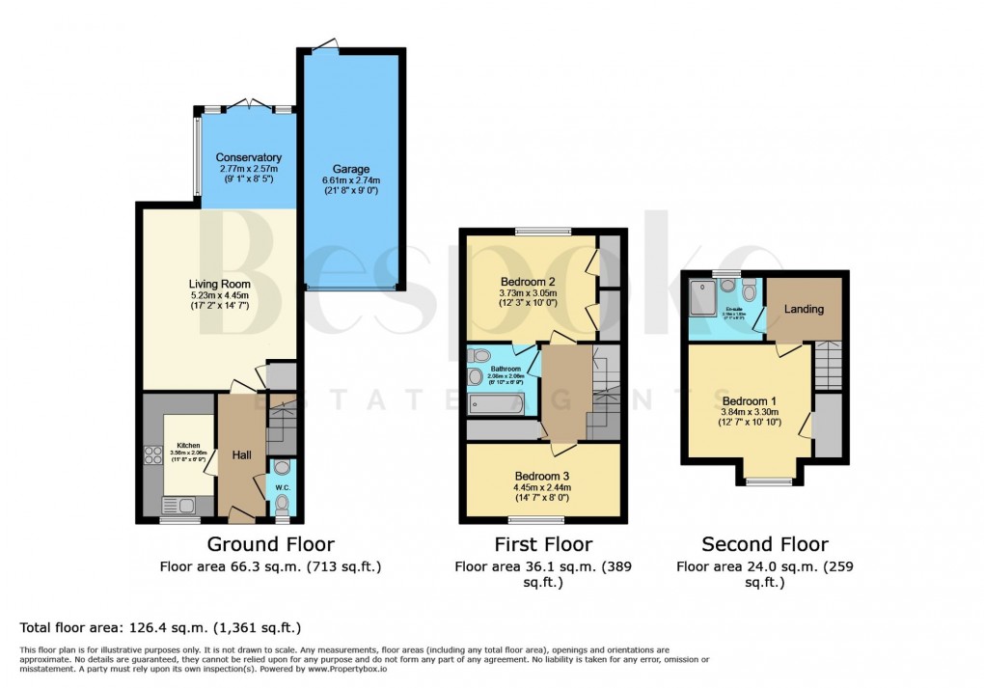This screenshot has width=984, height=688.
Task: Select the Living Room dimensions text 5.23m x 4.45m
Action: (x=219, y=296)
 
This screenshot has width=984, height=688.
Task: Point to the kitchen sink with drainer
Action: (x=178, y=504)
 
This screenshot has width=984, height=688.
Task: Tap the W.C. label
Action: (x=282, y=487)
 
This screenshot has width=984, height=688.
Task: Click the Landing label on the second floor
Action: (x=804, y=309)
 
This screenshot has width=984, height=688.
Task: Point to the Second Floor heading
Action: (x=764, y=544)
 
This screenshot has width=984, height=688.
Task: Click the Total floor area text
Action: (x=160, y=627)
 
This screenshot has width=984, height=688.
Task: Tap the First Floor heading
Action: (x=542, y=544)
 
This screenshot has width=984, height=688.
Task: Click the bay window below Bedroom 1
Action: (x=771, y=481)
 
